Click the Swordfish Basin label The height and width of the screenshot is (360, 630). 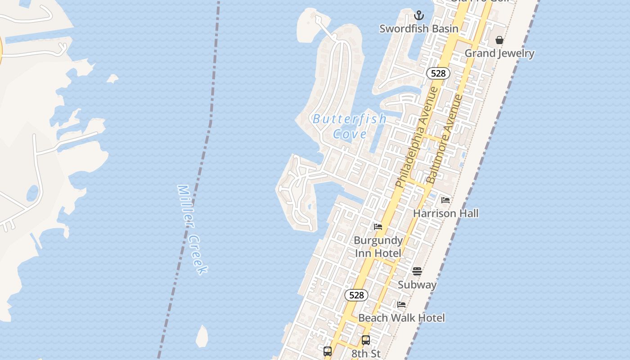pyautogui.click(x=419, y=29)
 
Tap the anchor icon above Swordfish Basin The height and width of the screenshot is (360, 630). pyautogui.click(x=419, y=16)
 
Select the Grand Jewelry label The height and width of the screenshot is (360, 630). pyautogui.click(x=499, y=53)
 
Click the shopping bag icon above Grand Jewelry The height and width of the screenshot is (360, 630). pyautogui.click(x=499, y=40)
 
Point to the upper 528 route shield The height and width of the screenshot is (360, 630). pyautogui.click(x=438, y=73)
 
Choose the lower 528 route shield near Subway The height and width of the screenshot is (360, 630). pyautogui.click(x=356, y=295)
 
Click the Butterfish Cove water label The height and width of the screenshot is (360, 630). pyautogui.click(x=350, y=126)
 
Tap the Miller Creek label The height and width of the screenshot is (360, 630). pyautogui.click(x=193, y=229)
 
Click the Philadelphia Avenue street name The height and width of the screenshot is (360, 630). pyautogui.click(x=417, y=137)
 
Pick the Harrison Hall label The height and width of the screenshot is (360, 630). pyautogui.click(x=445, y=213)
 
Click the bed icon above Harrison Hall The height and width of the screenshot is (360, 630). pyautogui.click(x=445, y=200)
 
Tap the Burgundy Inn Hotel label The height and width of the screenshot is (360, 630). pyautogui.click(x=378, y=247)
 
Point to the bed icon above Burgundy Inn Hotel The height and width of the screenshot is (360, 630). pyautogui.click(x=378, y=227)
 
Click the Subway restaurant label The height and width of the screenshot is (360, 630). pyautogui.click(x=417, y=284)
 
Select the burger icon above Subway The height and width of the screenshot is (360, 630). pyautogui.click(x=417, y=271)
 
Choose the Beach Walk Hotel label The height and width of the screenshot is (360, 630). pyautogui.click(x=401, y=318)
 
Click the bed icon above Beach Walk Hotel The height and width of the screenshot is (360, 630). pyautogui.click(x=401, y=305)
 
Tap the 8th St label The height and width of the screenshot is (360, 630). pyautogui.click(x=366, y=354)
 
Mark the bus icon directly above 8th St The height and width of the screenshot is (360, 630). pyautogui.click(x=366, y=340)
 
